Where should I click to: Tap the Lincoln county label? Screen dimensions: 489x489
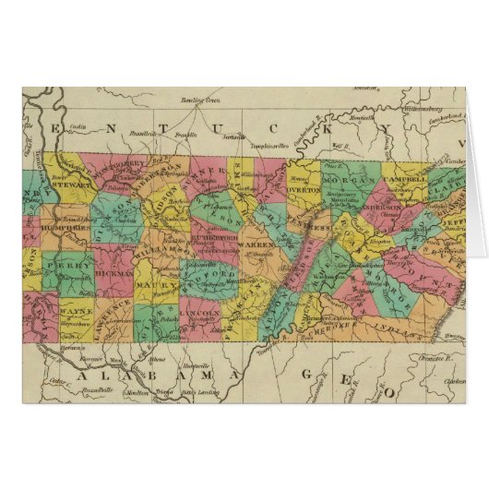201,314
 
